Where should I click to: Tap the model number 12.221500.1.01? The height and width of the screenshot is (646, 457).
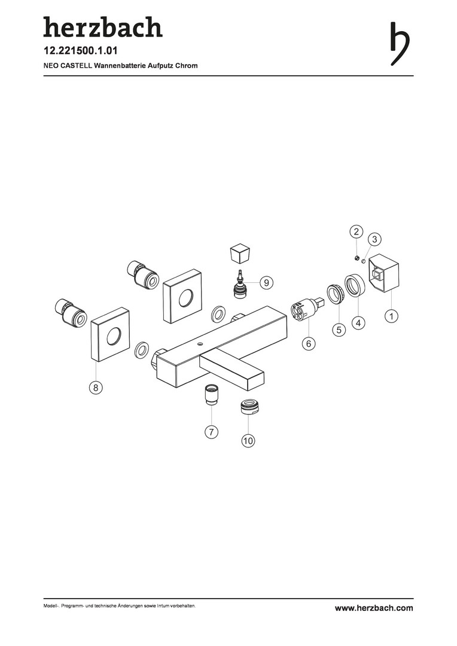[x=81, y=51]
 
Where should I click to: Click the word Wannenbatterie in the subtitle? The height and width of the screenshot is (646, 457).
[x=120, y=66]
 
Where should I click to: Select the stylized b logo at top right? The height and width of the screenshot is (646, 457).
[x=400, y=43]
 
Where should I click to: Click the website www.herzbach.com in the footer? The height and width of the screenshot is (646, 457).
[x=374, y=608]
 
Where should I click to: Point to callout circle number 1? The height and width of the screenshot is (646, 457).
[x=391, y=316]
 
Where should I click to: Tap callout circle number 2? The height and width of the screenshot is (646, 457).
[x=357, y=231]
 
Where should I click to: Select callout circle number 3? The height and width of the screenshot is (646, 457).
[x=374, y=239]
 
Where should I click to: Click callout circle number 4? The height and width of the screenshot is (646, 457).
[x=358, y=323]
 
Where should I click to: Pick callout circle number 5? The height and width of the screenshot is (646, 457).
[x=339, y=330]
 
